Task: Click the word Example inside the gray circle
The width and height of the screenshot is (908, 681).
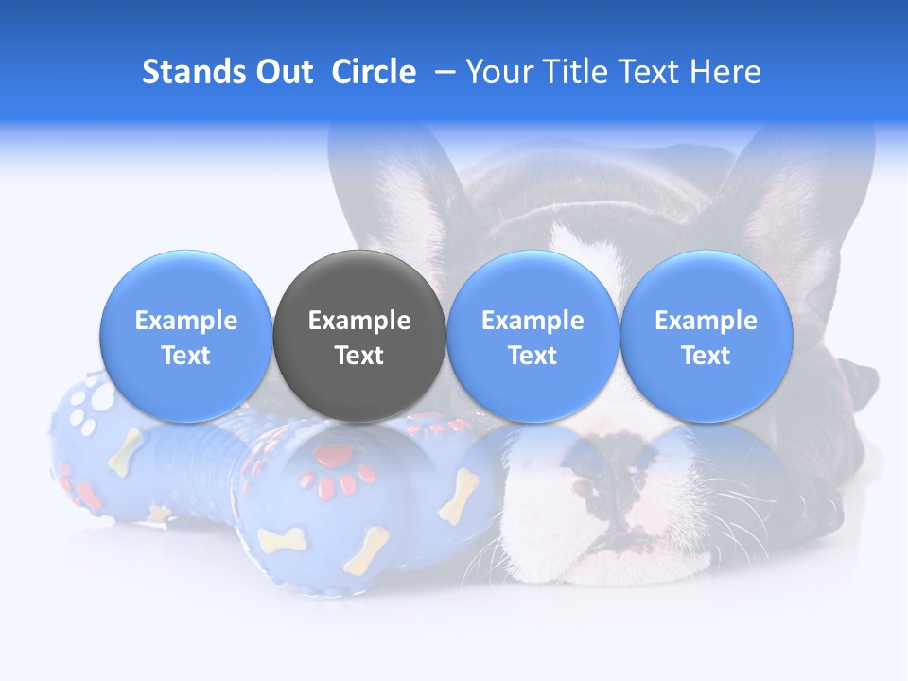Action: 359,321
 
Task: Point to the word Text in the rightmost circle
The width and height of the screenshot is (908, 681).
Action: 706,356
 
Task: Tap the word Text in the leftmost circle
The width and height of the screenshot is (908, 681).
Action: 185,356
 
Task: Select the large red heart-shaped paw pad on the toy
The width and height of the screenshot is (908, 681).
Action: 333,456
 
